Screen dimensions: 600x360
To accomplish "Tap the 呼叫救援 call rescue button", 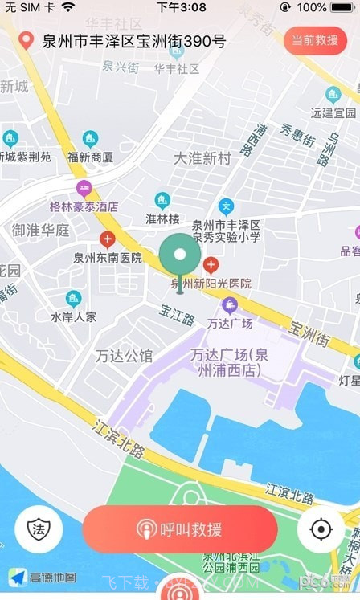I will [x=179, y=529].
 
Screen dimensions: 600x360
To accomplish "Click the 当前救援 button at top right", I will [x=315, y=40].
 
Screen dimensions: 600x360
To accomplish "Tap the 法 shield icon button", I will [x=39, y=529].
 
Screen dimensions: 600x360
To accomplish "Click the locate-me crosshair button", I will [x=321, y=529].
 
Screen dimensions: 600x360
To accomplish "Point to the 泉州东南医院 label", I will [x=108, y=258].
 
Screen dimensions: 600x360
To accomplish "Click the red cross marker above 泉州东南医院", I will [x=107, y=239].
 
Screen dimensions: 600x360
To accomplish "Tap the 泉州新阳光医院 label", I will [x=211, y=283].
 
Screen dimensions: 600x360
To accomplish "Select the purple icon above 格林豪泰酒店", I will [x=84, y=189].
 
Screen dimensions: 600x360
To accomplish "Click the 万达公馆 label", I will [x=124, y=355].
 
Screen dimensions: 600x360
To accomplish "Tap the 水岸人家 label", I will [x=73, y=316].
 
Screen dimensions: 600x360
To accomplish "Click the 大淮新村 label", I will [x=202, y=158].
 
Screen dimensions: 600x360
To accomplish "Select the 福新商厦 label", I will [x=90, y=157].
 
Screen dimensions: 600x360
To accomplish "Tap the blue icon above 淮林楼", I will [x=162, y=200].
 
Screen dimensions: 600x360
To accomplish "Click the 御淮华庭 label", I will [x=40, y=230].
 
